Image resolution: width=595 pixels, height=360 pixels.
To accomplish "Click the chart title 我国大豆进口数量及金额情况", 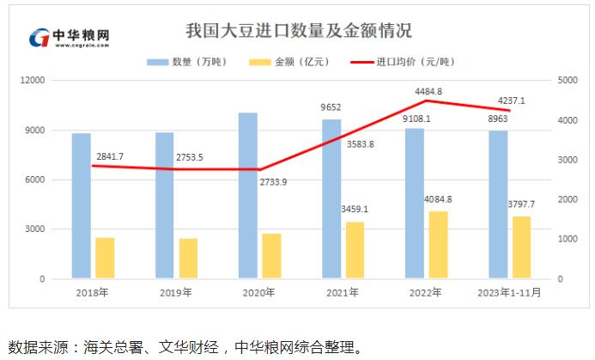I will coord(299,31).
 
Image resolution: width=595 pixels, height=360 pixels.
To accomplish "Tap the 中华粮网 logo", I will coord(70,39).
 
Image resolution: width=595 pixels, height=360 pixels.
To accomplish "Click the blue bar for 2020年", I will coord(248,196).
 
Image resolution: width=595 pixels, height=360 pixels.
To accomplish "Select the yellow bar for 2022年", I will coord(438,245).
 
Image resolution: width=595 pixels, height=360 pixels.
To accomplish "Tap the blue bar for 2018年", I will coord(82,206).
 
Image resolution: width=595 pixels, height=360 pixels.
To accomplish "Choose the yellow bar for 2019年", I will coord(188,259).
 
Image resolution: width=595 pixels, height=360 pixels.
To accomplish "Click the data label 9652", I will coord(331,107).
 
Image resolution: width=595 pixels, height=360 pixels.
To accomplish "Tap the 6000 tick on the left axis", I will coord(35,180).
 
